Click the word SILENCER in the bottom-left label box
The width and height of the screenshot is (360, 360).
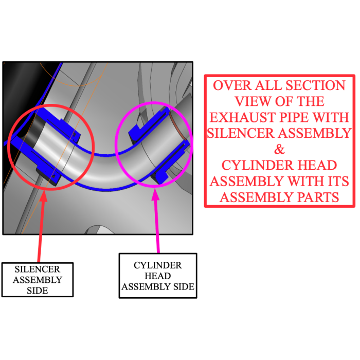pos(37,269)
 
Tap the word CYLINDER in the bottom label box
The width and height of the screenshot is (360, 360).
pos(158,265)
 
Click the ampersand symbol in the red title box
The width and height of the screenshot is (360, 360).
pos(279,149)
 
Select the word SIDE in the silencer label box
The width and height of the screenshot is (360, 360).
pos(37,291)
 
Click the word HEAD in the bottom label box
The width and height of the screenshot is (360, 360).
pos(158,276)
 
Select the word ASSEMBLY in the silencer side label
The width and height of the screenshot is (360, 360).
pos(37,280)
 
